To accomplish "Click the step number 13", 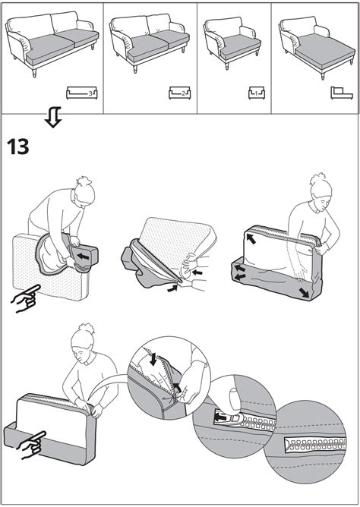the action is point(17,146).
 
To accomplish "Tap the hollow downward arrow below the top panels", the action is point(53,117).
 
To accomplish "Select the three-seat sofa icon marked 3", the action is point(81,93).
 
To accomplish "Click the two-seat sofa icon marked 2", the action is point(179,93).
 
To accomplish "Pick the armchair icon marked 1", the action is point(257,93).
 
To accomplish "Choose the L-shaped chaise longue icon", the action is point(341,93).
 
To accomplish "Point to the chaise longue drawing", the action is point(317,46).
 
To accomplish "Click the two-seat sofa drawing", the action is point(149,42).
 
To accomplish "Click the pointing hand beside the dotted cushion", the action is point(26,298).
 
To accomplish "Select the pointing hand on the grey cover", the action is point(30,445).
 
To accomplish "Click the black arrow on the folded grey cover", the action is point(84,257).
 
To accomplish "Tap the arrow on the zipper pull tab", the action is point(220,417).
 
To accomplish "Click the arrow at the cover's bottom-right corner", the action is point(304,292).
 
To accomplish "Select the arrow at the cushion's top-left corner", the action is point(250,238).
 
